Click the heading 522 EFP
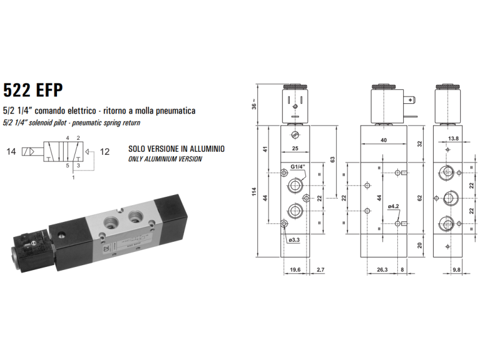tap(33, 90)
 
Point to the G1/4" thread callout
tap(298, 166)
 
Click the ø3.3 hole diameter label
tap(293, 239)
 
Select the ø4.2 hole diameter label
tap(393, 206)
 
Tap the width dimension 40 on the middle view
tap(383, 141)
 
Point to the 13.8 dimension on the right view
tap(454, 139)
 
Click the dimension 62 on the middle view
tap(419, 197)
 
